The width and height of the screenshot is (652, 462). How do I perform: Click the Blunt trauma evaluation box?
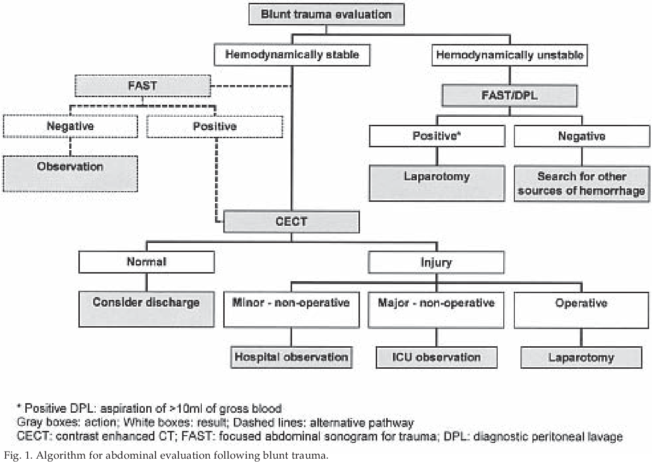(326, 14)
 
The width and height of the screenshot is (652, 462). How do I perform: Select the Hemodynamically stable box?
(292, 55)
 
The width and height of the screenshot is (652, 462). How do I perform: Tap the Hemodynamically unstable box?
(510, 55)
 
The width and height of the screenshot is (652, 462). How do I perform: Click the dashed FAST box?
(142, 86)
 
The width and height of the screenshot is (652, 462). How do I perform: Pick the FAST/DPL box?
(510, 96)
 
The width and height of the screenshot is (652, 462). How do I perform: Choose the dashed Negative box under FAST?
(70, 126)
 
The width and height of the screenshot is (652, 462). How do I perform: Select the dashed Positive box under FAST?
(215, 127)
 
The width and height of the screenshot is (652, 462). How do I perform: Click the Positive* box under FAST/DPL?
(437, 136)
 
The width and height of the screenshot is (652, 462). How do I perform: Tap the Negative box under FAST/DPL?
(582, 136)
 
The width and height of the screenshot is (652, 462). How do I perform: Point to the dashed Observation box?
(70, 174)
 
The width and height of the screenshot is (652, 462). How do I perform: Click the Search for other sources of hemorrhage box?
(582, 184)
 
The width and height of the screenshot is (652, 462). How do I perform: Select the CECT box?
(292, 222)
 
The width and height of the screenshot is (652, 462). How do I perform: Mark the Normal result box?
(147, 262)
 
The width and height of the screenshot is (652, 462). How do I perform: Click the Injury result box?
(436, 263)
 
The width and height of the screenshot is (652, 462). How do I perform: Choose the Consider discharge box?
(147, 309)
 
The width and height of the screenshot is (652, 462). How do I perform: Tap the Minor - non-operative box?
(292, 310)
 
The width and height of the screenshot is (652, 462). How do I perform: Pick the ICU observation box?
(436, 357)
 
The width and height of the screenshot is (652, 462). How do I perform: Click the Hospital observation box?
(292, 357)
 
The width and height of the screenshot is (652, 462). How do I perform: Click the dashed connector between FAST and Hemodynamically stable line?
(251, 86)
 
